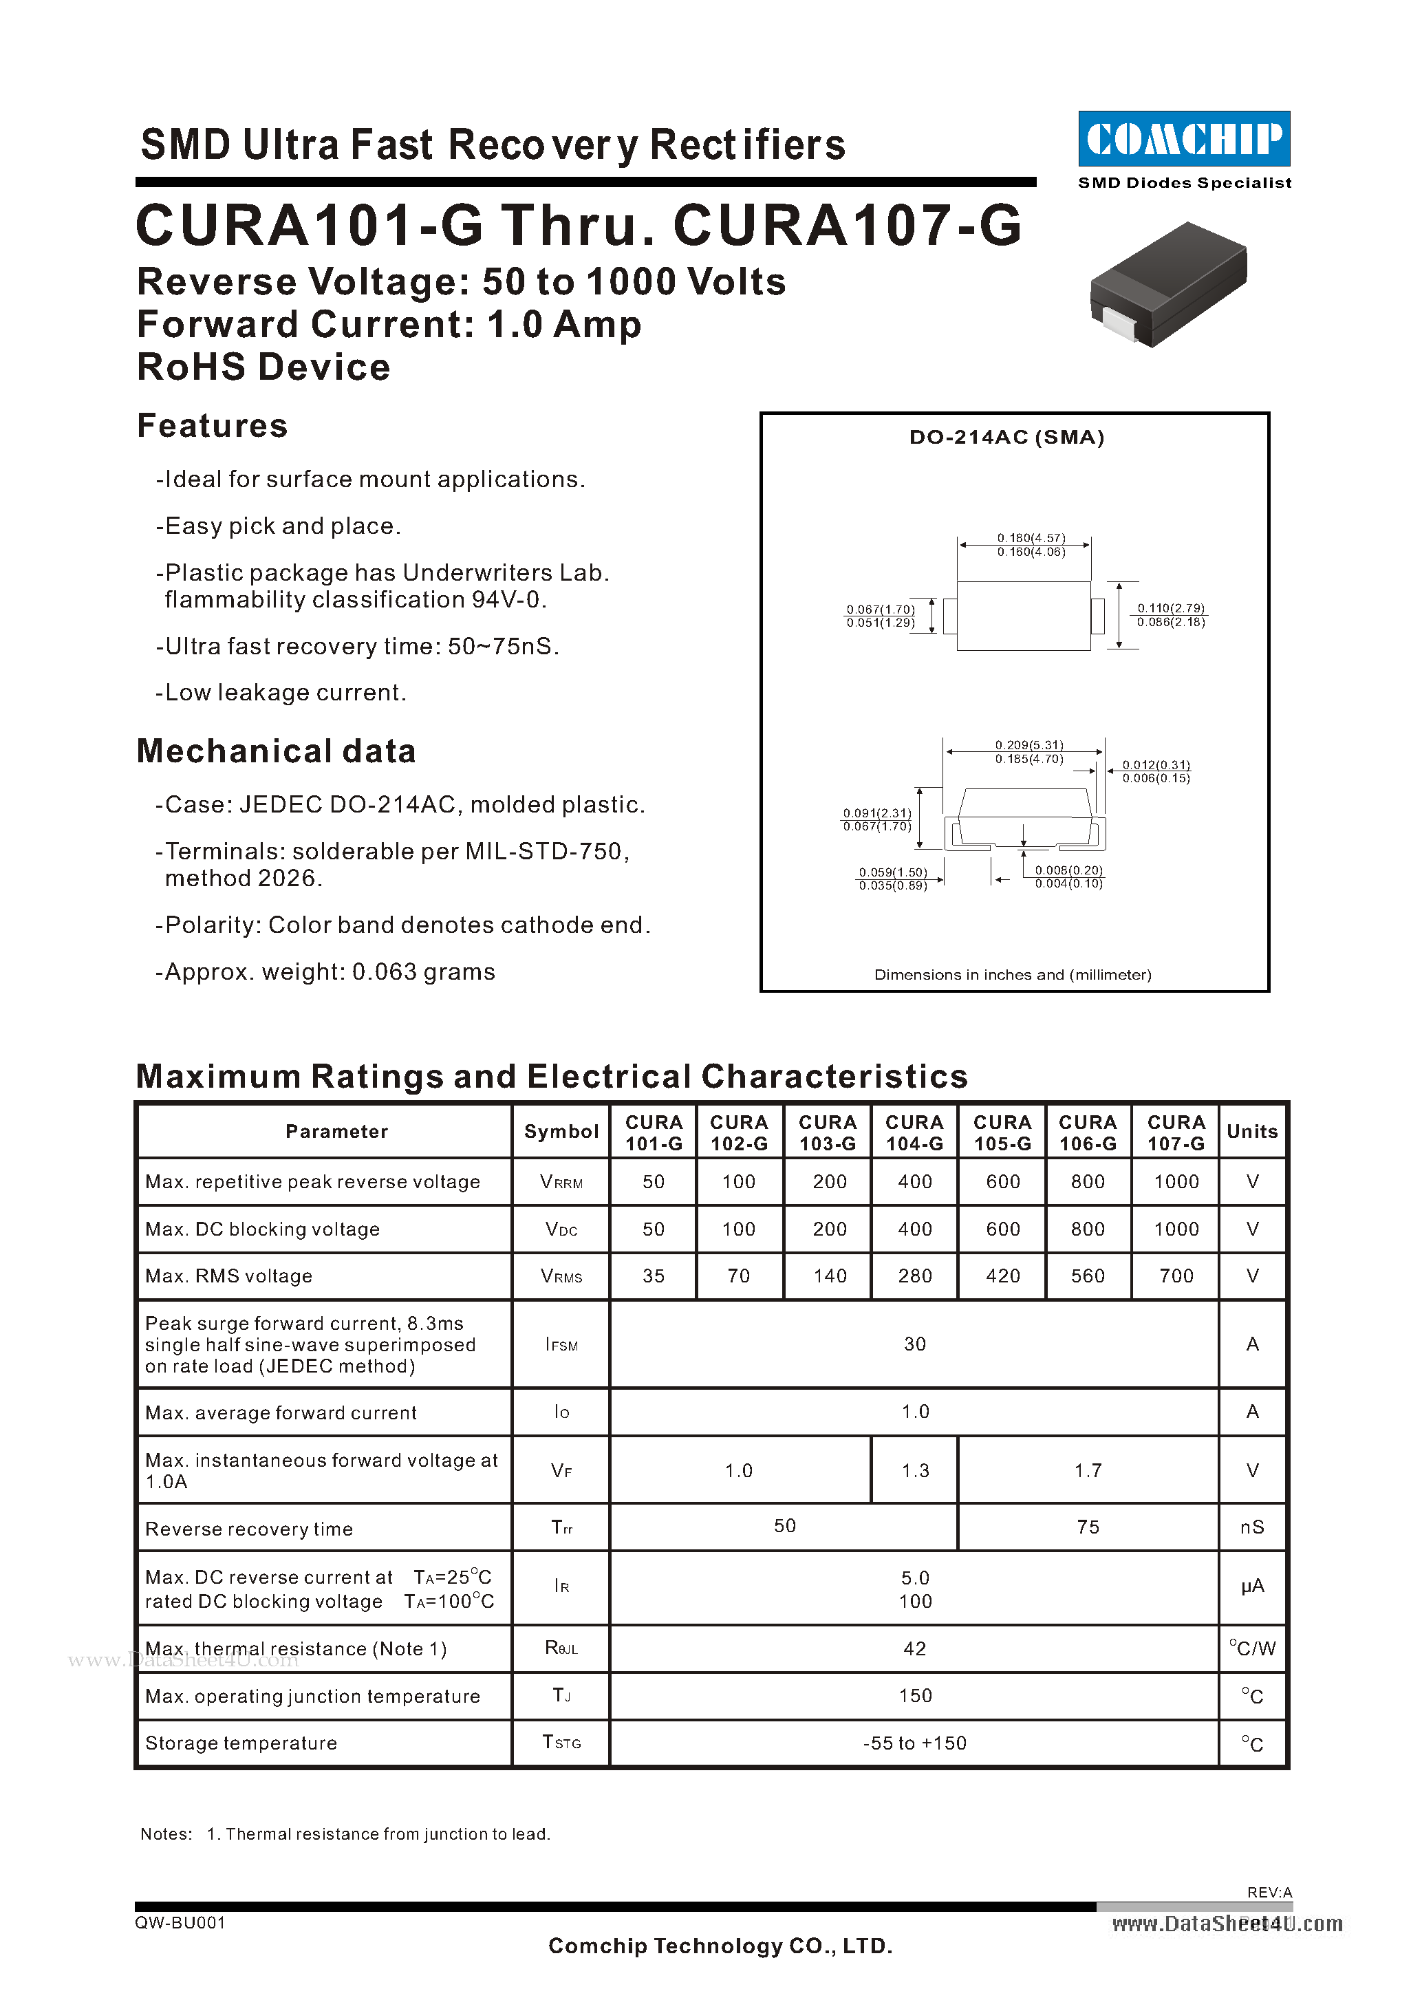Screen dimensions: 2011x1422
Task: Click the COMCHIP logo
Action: tap(1184, 138)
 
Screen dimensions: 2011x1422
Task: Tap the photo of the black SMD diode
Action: tap(1168, 283)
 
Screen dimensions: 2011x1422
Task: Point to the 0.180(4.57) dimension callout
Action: tap(1031, 537)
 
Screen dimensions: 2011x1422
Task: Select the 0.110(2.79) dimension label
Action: tap(1171, 608)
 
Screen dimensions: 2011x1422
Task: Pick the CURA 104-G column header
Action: tap(914, 1132)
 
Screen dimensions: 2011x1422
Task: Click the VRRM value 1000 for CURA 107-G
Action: tap(1175, 1181)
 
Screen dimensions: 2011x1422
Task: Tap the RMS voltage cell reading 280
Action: tap(914, 1276)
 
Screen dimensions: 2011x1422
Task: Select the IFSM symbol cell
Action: tap(561, 1344)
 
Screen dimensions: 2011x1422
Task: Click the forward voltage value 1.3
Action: tap(915, 1471)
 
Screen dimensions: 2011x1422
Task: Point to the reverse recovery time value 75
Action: tap(1088, 1527)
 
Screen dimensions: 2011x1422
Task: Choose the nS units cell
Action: tap(1251, 1527)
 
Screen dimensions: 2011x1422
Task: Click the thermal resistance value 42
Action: tap(914, 1648)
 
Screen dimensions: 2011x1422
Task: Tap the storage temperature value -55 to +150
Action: tap(914, 1743)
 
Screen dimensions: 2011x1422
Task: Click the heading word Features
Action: tap(212, 426)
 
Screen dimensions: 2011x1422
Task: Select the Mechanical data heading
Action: tap(276, 751)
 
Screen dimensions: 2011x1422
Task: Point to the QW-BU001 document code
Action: tap(180, 1922)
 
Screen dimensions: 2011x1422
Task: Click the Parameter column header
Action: tap(336, 1132)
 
